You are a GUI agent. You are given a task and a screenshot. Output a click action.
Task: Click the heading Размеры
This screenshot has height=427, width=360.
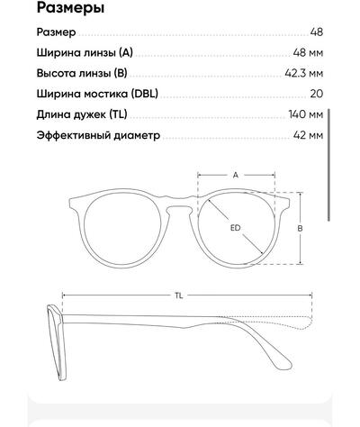tap(70, 8)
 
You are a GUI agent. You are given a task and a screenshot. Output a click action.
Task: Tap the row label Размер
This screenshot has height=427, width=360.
tap(56, 32)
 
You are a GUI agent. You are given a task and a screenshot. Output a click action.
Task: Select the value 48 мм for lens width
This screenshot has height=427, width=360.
tap(308, 52)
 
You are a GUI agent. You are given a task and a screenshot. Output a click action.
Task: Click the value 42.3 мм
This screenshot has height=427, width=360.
tap(304, 73)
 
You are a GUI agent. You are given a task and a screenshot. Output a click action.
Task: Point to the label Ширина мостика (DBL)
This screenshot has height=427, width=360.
tap(97, 94)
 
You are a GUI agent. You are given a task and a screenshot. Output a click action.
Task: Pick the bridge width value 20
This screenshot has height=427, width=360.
tap(317, 94)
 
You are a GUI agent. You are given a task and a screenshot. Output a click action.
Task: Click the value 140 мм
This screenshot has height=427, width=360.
tap(306, 114)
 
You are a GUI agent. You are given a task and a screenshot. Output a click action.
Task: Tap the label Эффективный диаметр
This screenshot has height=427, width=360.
tap(98, 135)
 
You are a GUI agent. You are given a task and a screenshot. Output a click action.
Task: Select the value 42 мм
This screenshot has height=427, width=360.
tap(308, 135)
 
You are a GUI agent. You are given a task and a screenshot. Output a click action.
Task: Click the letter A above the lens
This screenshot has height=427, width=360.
tap(236, 175)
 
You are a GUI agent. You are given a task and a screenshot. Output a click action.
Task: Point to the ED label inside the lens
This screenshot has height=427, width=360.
tap(236, 228)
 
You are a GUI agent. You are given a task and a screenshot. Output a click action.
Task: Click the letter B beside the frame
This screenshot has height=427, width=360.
tap(300, 228)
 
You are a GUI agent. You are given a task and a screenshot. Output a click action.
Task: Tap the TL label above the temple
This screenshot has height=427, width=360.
tap(179, 295)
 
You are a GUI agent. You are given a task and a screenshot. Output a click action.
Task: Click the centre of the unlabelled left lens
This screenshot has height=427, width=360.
tap(123, 228)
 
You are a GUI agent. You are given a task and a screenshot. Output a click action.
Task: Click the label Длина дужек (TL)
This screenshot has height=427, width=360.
tap(82, 114)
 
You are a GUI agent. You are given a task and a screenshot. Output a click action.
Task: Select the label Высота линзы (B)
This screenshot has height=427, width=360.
tap(82, 74)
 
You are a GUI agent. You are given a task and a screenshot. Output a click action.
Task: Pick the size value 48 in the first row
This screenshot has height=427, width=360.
tap(317, 32)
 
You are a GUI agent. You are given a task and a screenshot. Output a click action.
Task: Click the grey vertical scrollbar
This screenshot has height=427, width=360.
tap(328, 165)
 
